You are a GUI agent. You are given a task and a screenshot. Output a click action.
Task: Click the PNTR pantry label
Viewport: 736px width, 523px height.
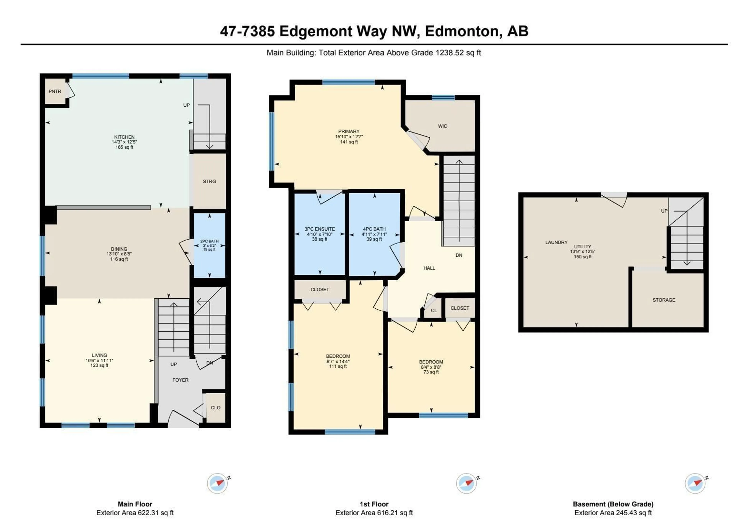click(55, 91)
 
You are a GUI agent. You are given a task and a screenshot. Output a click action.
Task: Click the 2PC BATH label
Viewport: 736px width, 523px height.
click(209, 241)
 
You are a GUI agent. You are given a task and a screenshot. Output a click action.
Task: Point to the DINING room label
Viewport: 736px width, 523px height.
click(119, 249)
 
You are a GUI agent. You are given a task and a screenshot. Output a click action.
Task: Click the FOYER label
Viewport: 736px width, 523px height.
click(180, 380)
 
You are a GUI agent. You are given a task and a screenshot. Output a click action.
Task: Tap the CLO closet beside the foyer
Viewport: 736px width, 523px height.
click(215, 408)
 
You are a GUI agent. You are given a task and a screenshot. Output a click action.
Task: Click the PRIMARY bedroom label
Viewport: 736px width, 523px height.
click(348, 131)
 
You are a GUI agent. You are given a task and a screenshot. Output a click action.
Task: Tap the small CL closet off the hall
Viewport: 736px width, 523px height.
click(434, 311)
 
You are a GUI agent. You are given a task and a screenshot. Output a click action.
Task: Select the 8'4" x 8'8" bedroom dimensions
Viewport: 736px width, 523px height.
click(431, 367)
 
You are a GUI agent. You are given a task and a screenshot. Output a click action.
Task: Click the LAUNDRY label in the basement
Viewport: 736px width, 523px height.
click(556, 242)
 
